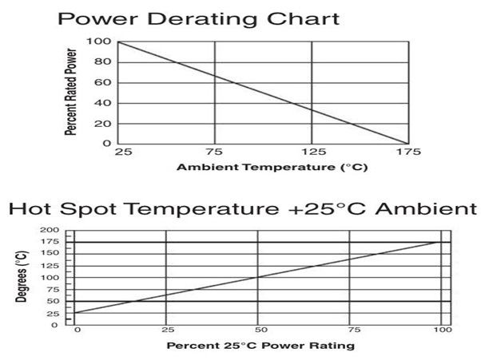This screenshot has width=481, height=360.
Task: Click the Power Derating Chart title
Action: tap(197, 18)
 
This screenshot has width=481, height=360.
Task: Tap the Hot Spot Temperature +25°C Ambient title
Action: tap(237, 211)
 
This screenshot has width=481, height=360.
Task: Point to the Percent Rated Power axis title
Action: tap(72, 93)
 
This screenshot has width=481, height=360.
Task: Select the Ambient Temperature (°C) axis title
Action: tap(262, 167)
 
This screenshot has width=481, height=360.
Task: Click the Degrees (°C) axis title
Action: tap(22, 277)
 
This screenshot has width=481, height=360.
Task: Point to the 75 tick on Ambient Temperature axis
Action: tap(215, 152)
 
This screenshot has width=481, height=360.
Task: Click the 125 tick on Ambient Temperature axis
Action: tap(312, 152)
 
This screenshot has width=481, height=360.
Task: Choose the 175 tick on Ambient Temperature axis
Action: tap(407, 152)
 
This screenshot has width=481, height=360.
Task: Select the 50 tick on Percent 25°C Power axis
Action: tap(257, 330)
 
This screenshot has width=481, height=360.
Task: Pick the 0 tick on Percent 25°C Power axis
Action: tap(77, 330)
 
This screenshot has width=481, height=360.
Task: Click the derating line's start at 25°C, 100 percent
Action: tap(118, 41)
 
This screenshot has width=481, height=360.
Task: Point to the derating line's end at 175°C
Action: tap(407, 144)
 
